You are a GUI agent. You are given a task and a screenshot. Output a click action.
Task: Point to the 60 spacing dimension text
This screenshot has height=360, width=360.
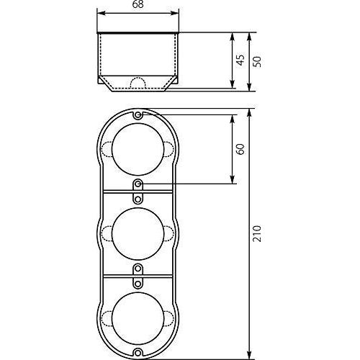point(240,149)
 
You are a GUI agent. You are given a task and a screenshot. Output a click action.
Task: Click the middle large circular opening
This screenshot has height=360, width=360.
point(137,231)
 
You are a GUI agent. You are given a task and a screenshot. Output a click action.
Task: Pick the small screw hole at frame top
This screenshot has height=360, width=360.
point(137,114)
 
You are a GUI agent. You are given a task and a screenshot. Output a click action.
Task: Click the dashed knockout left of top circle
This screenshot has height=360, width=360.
point(107,150)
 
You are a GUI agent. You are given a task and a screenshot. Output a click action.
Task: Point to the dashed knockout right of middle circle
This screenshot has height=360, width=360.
point(167,231)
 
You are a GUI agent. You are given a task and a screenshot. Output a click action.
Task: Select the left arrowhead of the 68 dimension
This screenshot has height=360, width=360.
point(100,15)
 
